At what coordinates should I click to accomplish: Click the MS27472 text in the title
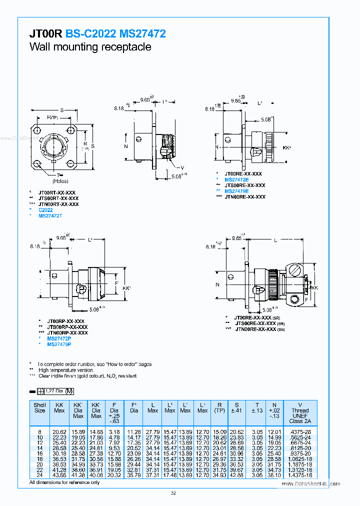[x=143, y=34]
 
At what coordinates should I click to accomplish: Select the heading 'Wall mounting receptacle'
[x=90, y=47]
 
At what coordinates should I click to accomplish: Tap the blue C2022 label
[x=45, y=210]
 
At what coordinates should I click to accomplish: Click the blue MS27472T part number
[x=50, y=215]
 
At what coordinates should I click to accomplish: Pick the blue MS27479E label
[x=236, y=191]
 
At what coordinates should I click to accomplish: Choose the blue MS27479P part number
[x=59, y=344]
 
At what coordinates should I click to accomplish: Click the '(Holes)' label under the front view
[x=59, y=181]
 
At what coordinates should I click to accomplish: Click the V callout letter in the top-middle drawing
[x=182, y=167]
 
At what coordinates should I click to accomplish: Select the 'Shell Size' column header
[x=40, y=407]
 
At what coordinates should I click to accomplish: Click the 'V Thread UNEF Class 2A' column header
[x=300, y=413]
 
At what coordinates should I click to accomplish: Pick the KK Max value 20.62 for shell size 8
[x=59, y=431]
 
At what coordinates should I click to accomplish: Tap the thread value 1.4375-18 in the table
[x=300, y=475]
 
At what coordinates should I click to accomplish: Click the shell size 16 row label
[x=40, y=453]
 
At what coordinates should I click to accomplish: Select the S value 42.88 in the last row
[x=237, y=475]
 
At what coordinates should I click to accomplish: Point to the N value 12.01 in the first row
[x=274, y=431]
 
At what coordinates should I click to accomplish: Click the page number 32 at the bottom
[x=173, y=493]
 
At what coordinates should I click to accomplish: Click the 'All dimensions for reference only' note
[x=64, y=482]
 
